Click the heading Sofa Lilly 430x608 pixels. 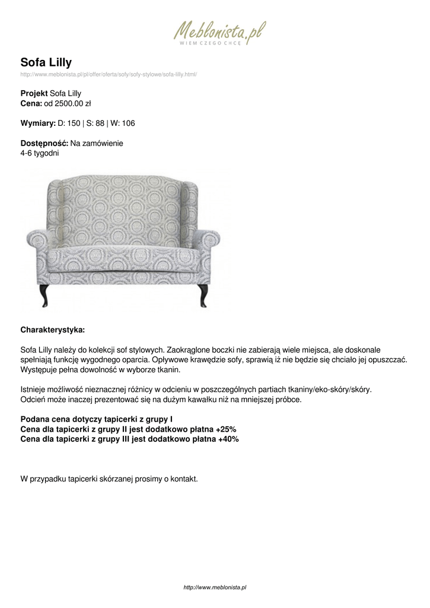[46, 62]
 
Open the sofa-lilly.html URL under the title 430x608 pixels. [108, 75]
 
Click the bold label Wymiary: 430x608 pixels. [37, 123]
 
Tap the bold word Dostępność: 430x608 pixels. [44, 143]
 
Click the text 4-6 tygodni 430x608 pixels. [39, 153]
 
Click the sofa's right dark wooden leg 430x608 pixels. [203, 293]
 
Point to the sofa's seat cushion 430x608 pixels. [125, 256]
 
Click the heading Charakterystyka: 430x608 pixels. [53, 328]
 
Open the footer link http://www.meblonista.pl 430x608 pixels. [215, 587]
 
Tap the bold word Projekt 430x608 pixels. [34, 93]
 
